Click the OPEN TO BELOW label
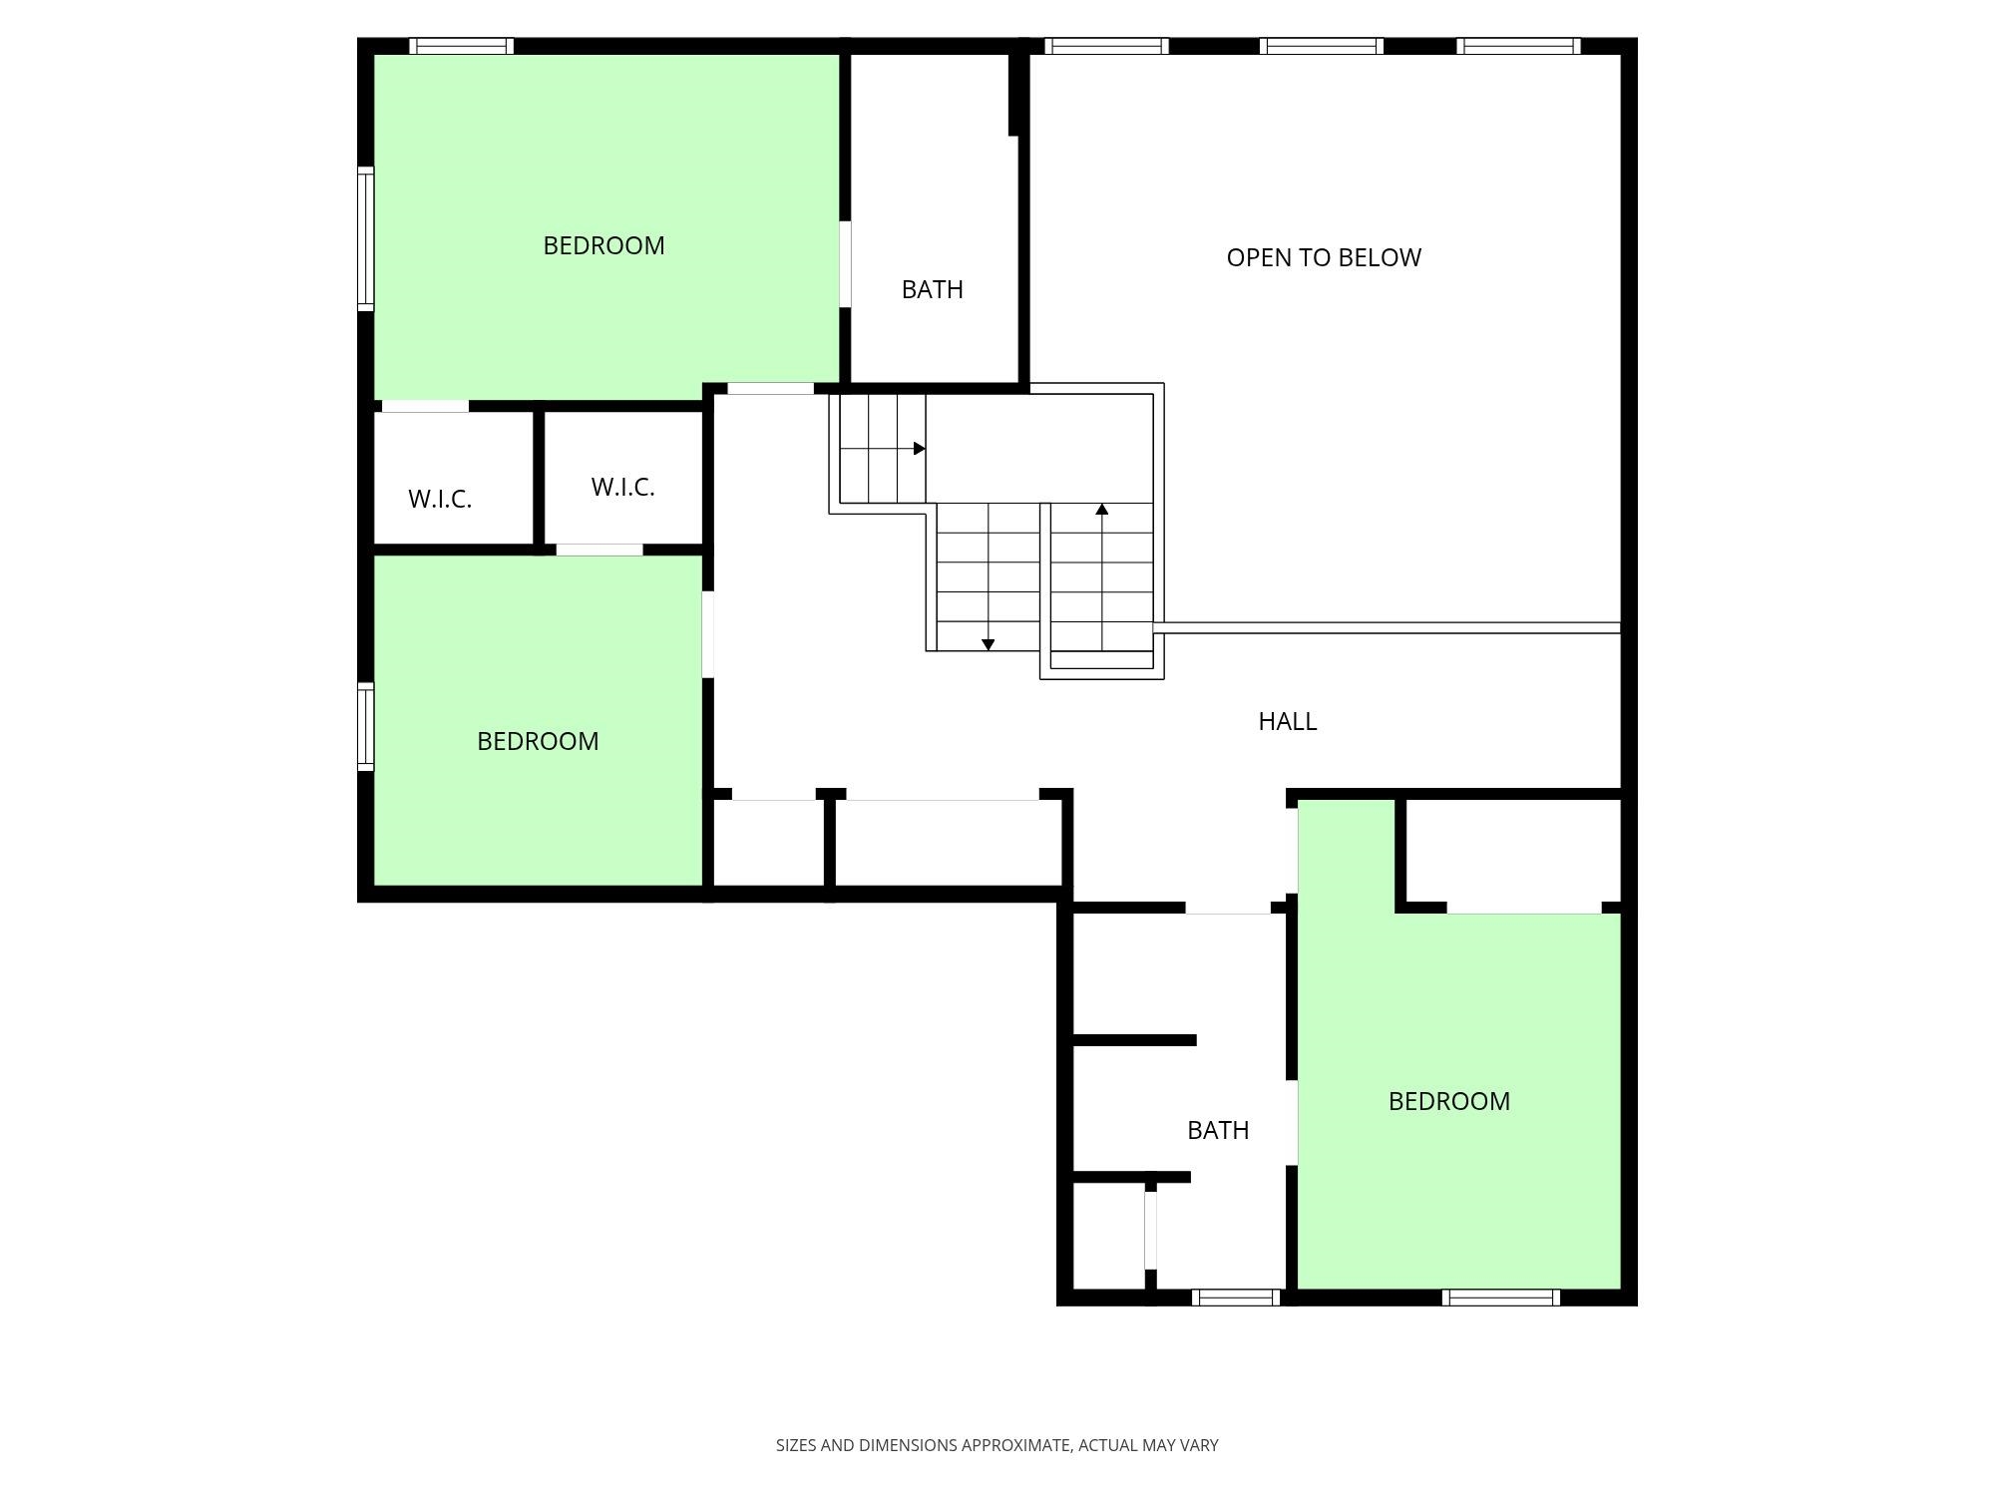1324,257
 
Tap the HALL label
1287,721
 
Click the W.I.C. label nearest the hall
622,487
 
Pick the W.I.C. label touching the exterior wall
440,499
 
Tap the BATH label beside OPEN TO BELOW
932,289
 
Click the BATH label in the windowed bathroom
1218,1130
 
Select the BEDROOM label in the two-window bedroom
603,245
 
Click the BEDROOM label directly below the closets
538,741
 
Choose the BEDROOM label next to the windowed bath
1449,1101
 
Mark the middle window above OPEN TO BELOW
1321,46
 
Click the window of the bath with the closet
1236,1298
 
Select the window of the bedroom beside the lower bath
1500,1298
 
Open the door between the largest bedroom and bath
845,263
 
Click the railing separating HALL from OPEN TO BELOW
1387,627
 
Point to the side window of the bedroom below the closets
366,727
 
